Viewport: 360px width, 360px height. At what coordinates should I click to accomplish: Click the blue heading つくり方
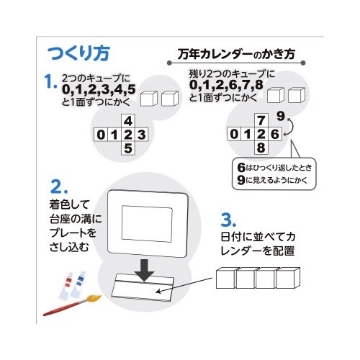(x=78, y=53)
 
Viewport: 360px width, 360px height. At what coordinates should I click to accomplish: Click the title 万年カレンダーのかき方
(x=236, y=54)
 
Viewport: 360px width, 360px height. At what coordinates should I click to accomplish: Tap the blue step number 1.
(x=50, y=81)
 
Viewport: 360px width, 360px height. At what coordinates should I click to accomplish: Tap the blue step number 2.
(x=59, y=186)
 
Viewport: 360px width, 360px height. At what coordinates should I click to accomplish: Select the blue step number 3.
(x=228, y=220)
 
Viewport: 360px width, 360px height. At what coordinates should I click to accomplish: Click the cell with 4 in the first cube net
(x=128, y=121)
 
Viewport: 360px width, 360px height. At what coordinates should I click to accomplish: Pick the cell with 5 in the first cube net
(x=128, y=148)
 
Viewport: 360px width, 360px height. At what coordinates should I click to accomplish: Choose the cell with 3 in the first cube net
(x=142, y=135)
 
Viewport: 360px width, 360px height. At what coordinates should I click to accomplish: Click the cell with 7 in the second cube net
(x=261, y=120)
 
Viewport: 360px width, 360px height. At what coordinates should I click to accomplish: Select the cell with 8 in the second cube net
(x=261, y=148)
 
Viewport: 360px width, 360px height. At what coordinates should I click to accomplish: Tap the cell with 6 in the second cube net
(x=275, y=134)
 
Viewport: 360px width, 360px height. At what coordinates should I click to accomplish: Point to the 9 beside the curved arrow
(x=280, y=116)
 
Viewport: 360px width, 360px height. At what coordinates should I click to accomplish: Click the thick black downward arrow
(x=144, y=270)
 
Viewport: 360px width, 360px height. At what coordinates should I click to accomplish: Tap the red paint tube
(x=66, y=286)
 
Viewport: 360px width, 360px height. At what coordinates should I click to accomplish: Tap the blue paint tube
(x=78, y=284)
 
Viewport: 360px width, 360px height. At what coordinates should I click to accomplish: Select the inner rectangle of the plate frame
(x=147, y=223)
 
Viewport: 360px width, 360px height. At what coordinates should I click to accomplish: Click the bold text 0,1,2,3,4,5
(x=99, y=89)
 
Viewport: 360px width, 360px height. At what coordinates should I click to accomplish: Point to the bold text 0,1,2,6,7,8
(x=226, y=85)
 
